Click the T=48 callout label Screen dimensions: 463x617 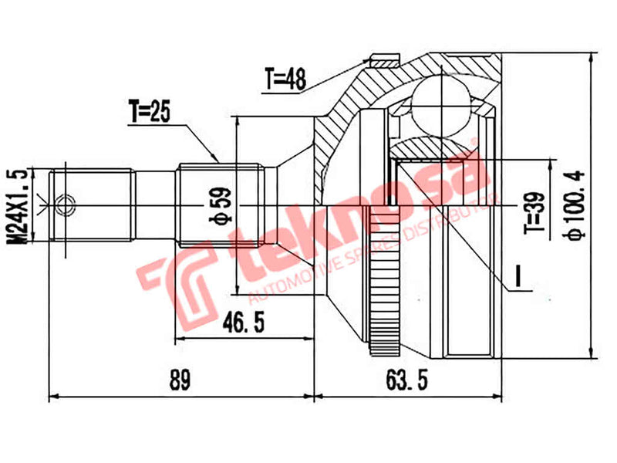[286, 78]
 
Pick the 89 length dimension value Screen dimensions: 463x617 [180, 380]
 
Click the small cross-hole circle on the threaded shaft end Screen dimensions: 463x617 [67, 205]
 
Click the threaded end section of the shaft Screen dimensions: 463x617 [93, 204]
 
